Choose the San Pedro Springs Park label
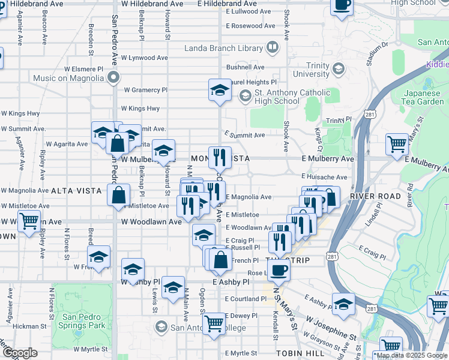pos(84,321)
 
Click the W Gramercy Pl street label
pos(145,90)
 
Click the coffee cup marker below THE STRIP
pos(278,269)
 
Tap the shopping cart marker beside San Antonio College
pos(214,323)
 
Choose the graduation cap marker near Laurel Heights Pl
pos(220,90)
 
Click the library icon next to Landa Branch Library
pos(273,47)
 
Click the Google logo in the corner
pos(20,353)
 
